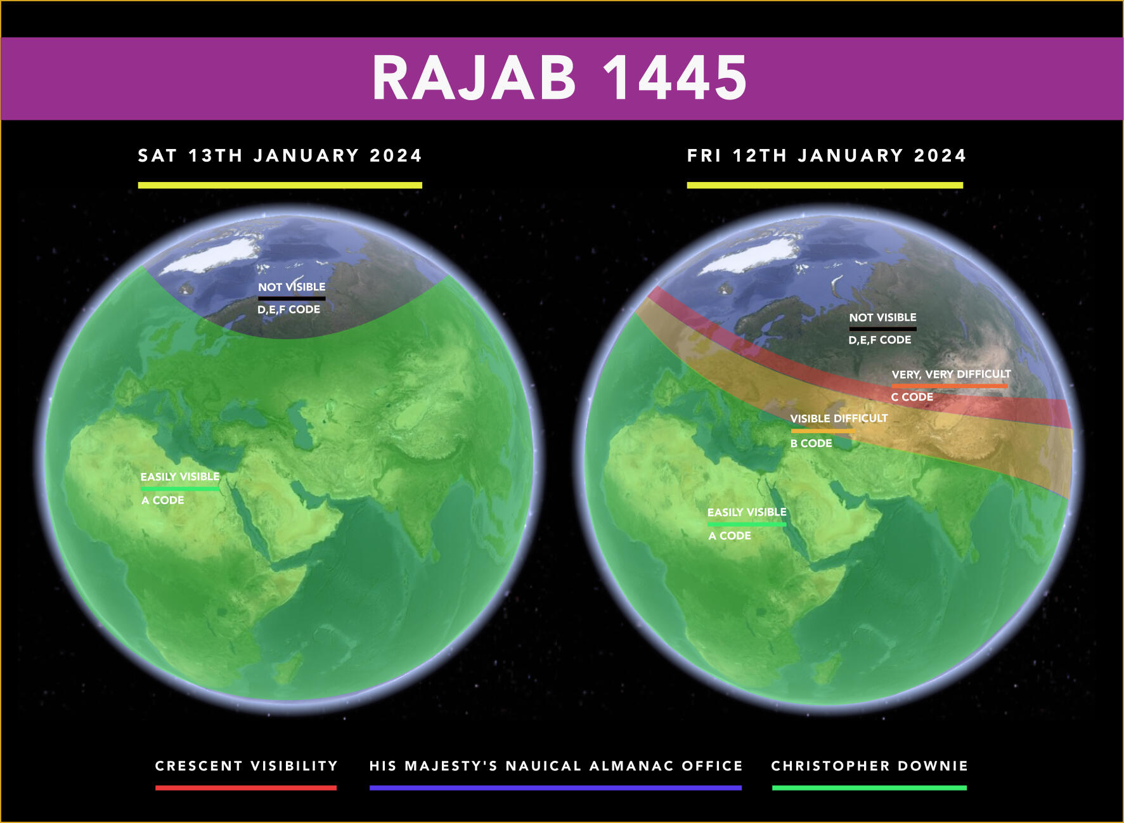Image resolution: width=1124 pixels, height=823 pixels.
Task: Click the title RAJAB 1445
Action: click(560, 77)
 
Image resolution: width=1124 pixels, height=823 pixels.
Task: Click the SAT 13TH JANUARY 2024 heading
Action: click(280, 155)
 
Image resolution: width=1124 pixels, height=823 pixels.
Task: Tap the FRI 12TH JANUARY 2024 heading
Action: click(827, 155)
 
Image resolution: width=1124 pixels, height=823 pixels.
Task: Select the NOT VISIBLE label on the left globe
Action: click(292, 287)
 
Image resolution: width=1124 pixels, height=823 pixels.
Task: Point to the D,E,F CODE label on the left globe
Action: click(288, 309)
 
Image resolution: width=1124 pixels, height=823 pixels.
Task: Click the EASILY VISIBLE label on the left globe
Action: click(180, 476)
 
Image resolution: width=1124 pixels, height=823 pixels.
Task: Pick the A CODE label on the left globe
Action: click(163, 500)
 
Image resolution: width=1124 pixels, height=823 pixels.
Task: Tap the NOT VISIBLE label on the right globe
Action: click(882, 317)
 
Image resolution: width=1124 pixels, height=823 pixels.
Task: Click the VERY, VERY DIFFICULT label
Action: click(951, 374)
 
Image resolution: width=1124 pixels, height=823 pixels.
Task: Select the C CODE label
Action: click(912, 397)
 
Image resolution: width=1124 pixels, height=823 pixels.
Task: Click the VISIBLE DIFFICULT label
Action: click(839, 418)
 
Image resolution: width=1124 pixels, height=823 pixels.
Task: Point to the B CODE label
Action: click(811, 443)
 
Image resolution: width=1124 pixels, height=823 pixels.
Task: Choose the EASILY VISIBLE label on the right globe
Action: click(747, 512)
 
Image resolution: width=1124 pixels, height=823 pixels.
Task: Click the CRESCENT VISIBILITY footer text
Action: click(247, 766)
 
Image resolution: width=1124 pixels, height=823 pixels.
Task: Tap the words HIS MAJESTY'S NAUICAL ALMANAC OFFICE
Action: click(556, 766)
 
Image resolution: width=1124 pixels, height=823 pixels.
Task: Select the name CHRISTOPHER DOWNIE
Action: click(870, 766)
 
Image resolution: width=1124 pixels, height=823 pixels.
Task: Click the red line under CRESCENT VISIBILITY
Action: click(246, 787)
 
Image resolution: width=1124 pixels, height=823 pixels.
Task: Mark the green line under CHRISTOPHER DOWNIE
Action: click(869, 787)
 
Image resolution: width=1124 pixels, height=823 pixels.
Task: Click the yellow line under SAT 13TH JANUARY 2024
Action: click(280, 185)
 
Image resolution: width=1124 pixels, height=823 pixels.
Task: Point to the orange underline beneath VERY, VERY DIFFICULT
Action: click(950, 386)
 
